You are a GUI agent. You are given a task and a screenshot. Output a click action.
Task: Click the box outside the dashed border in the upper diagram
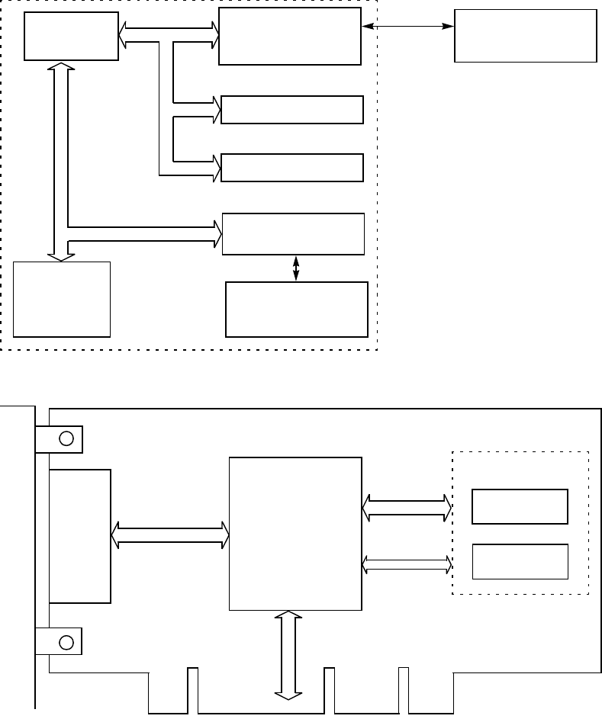click(x=525, y=35)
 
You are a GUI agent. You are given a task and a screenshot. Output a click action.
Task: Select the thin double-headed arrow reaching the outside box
click(x=407, y=27)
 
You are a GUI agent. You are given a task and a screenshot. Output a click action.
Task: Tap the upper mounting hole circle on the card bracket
click(x=67, y=438)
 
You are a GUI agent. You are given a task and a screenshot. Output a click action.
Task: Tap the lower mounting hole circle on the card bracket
click(x=67, y=642)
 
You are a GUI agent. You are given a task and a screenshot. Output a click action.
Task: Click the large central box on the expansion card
click(x=296, y=533)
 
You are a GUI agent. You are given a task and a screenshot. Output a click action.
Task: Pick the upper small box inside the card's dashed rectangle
click(x=520, y=506)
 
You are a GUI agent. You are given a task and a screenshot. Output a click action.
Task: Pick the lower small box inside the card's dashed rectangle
click(x=520, y=561)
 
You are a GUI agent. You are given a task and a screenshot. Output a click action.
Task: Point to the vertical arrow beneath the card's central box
click(x=288, y=653)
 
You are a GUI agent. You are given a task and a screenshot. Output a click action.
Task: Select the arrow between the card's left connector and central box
click(x=170, y=534)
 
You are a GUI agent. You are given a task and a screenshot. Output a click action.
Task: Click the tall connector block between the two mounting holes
click(x=80, y=536)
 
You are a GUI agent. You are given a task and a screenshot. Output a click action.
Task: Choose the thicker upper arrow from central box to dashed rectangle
click(x=407, y=508)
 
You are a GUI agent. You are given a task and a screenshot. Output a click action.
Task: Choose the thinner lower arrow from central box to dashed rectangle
click(x=407, y=563)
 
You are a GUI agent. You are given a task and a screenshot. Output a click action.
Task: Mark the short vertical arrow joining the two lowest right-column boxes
click(x=296, y=268)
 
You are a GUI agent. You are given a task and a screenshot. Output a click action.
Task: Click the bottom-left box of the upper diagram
click(x=62, y=299)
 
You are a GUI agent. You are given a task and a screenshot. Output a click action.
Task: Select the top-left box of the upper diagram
click(x=71, y=36)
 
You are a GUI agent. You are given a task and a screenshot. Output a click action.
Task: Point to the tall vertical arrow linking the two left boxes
click(x=60, y=160)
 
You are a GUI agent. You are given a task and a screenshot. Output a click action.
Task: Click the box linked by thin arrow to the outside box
click(x=289, y=37)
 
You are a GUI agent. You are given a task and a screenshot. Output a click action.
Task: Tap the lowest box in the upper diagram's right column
click(x=297, y=309)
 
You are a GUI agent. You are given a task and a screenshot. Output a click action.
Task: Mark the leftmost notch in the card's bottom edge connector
click(x=192, y=690)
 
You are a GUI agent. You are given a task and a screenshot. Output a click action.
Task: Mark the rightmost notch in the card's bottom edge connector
click(x=403, y=690)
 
